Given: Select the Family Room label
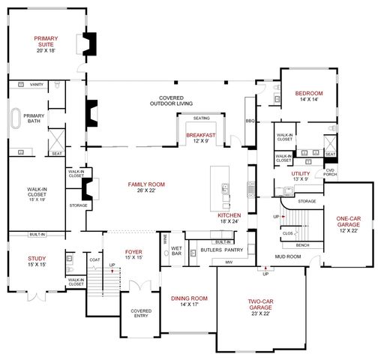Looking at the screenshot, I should pyautogui.click(x=146, y=184).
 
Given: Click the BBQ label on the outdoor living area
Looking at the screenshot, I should pyautogui.click(x=250, y=120).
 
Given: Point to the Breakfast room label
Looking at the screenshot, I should pyautogui.click(x=201, y=135).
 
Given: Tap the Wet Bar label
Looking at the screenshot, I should pyautogui.click(x=177, y=250).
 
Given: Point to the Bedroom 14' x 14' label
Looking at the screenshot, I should pyautogui.click(x=309, y=95).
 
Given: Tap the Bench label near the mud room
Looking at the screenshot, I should pyautogui.click(x=302, y=245).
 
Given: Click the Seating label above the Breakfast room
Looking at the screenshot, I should pyautogui.click(x=201, y=118).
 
